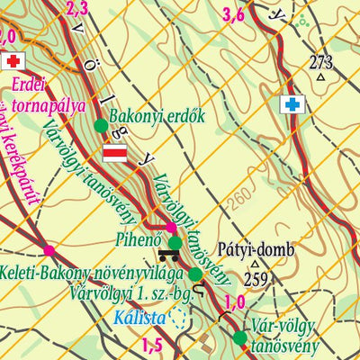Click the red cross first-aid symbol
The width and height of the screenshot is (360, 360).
coord(12,61)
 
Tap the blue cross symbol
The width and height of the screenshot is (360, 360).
coord(290,105)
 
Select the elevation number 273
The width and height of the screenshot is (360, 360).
coord(320,62)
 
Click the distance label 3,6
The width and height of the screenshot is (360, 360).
coord(233,13)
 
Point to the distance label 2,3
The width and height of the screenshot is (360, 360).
coord(77,9)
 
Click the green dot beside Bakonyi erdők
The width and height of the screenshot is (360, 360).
coord(100,126)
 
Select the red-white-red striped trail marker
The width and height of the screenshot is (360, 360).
coord(115,152)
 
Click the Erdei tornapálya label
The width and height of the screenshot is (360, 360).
coord(49,95)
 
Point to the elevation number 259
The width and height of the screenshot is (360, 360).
coord(256,279)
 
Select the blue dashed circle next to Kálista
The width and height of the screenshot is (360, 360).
coord(178,317)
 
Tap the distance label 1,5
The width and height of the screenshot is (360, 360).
coord(152,345)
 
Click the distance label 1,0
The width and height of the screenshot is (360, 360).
coord(235,301)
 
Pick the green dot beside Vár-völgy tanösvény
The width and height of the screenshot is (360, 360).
coord(239,338)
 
